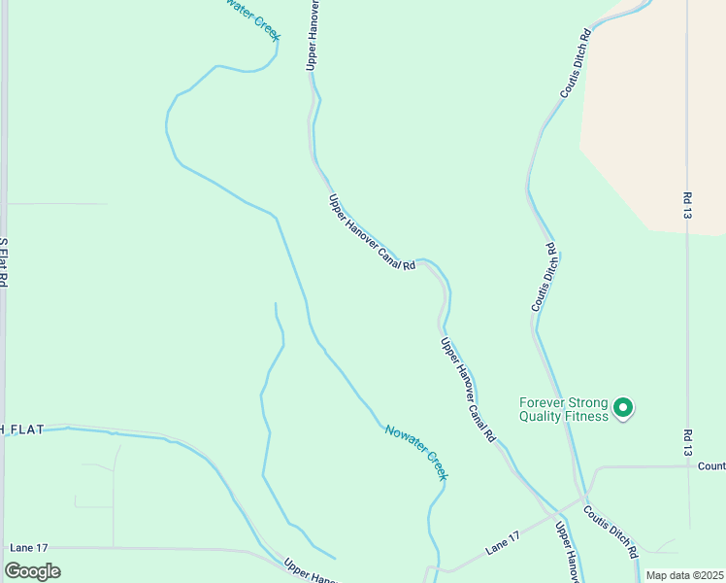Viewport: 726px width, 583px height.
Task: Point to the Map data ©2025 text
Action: point(683,575)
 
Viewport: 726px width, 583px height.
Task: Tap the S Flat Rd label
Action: point(4,262)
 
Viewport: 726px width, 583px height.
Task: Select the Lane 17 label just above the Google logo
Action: point(28,548)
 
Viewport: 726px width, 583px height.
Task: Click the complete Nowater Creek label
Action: point(415,452)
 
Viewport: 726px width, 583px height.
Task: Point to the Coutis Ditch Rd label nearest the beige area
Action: point(576,64)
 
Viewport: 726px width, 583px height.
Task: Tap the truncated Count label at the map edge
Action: point(711,465)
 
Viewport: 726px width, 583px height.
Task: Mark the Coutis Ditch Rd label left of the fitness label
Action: point(544,277)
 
